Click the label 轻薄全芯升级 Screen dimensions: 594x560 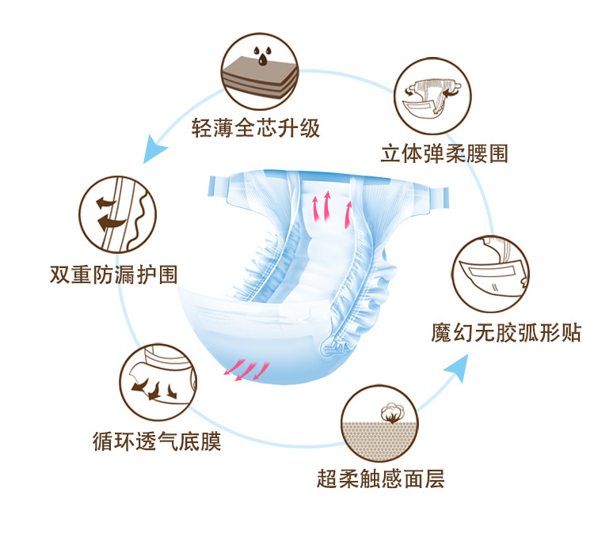tap(256, 128)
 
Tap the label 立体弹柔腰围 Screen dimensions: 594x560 tap(444, 153)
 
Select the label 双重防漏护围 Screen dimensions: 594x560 tap(113, 274)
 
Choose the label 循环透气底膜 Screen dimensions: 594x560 tap(157, 441)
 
